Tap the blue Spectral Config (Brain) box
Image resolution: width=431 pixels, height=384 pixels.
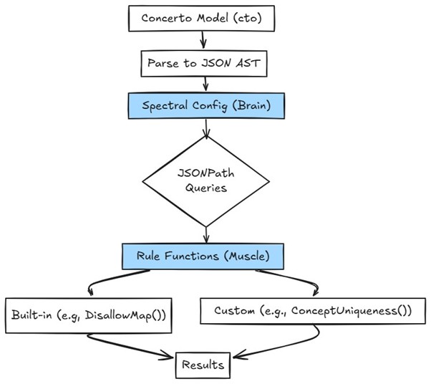206,106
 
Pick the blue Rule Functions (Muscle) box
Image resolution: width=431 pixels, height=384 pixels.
206,254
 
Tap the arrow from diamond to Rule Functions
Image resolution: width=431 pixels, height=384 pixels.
206,234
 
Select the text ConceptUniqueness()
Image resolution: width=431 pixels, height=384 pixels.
352,312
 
